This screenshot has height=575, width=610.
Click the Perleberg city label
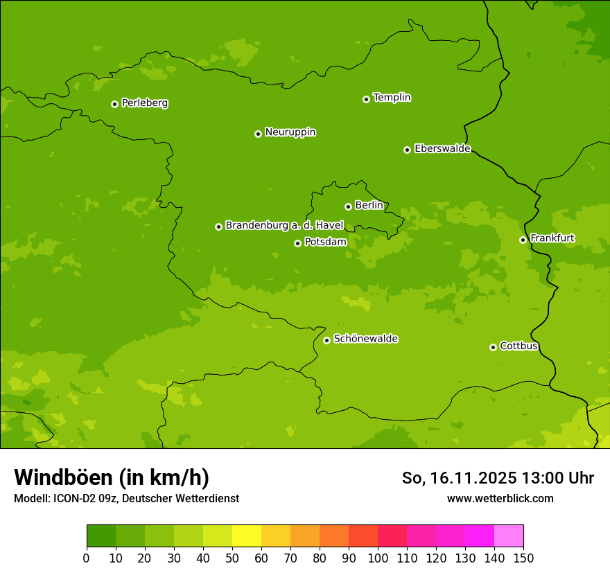pyautogui.click(x=144, y=103)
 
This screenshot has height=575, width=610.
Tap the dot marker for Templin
pyautogui.click(x=366, y=99)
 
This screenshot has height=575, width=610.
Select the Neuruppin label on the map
pyautogui.click(x=290, y=132)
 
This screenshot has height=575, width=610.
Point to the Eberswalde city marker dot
pyautogui.click(x=407, y=150)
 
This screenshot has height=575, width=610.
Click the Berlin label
pyautogui.click(x=369, y=206)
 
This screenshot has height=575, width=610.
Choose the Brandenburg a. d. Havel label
pyautogui.click(x=284, y=226)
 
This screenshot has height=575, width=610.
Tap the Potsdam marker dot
pyautogui.click(x=297, y=243)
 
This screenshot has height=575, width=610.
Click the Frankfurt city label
pyautogui.click(x=552, y=238)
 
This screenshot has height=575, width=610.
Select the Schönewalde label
pyautogui.click(x=365, y=339)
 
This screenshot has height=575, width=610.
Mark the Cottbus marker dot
pyautogui.click(x=493, y=347)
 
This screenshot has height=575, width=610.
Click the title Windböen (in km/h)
pyautogui.click(x=112, y=477)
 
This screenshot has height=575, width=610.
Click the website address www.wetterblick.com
pyautogui.click(x=500, y=498)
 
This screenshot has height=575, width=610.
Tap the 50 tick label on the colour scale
pyautogui.click(x=232, y=558)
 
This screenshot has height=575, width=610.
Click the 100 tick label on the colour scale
pyautogui.click(x=378, y=558)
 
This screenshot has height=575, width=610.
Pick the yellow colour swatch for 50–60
pyautogui.click(x=247, y=536)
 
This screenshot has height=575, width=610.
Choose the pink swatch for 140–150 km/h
pyautogui.click(x=509, y=536)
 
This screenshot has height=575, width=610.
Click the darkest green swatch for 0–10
pyautogui.click(x=101, y=536)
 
